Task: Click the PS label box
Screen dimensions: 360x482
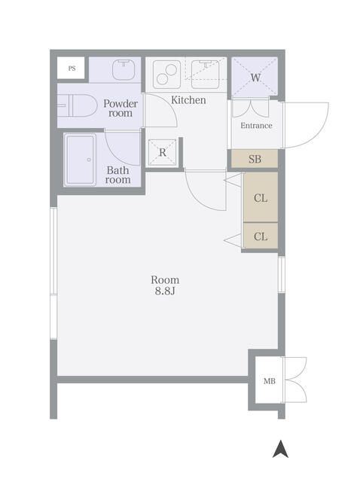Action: point(71,68)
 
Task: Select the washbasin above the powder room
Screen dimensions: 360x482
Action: point(124,69)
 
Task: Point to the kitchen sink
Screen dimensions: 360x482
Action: point(206,74)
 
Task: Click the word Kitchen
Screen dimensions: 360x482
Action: point(188,100)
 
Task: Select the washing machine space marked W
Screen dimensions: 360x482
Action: point(255,77)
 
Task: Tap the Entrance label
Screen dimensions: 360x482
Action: point(256,126)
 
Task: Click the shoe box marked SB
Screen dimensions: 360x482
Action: point(255,159)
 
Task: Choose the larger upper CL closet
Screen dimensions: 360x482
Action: point(261,197)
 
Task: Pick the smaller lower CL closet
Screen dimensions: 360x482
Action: point(261,236)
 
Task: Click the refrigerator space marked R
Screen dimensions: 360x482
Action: point(163,152)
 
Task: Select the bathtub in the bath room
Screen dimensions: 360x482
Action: point(81,160)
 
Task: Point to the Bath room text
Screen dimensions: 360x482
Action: point(118,175)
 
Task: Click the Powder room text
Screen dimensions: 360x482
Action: point(121,108)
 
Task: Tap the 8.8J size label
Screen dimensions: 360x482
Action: point(165,291)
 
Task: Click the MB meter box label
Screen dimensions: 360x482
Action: point(270,381)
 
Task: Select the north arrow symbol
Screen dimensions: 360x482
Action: point(280,449)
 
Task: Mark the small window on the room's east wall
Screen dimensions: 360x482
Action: point(282,274)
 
